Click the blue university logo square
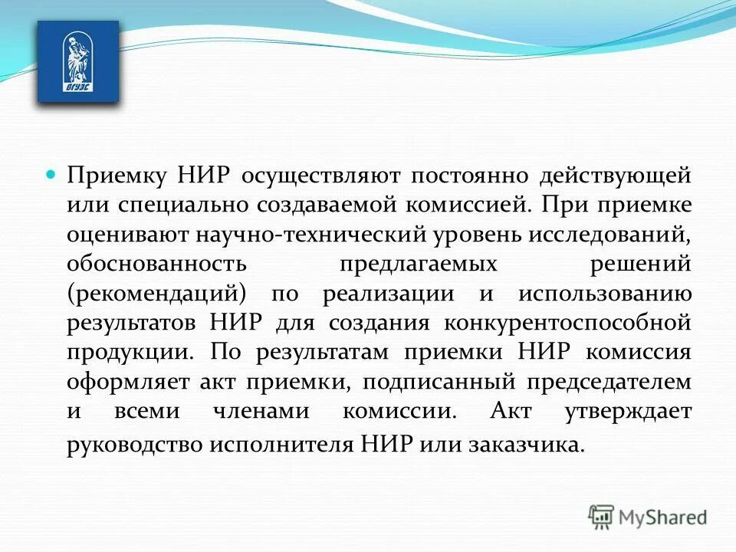tap(78, 61)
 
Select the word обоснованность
tap(156, 264)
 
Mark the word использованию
tap(605, 294)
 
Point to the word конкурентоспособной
tap(567, 322)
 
